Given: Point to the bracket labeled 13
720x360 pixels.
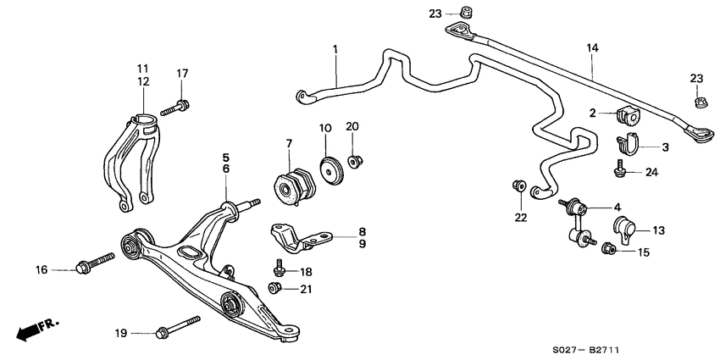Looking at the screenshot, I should click(623, 230).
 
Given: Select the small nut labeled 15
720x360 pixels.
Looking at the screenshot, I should click(607, 248).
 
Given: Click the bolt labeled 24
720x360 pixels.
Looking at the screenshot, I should click(622, 171).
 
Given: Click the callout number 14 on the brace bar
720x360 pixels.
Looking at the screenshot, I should click(591, 50).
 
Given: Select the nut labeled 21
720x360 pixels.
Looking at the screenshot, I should click(274, 290).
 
